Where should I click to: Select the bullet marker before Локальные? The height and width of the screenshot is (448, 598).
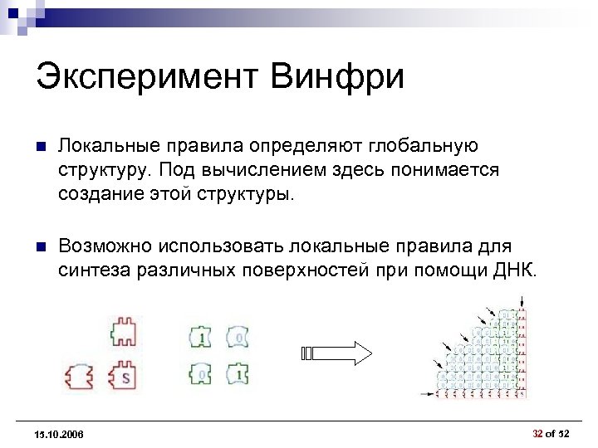(x=40, y=148)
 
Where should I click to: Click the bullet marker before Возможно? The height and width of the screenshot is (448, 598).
(x=40, y=247)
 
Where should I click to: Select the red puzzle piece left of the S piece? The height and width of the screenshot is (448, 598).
(x=81, y=377)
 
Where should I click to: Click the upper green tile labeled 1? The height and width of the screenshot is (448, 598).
(x=201, y=338)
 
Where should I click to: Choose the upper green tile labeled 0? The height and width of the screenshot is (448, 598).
(x=239, y=338)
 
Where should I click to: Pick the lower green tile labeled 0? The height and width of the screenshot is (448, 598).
(x=201, y=375)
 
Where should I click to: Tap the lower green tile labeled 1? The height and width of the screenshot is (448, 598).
(x=239, y=375)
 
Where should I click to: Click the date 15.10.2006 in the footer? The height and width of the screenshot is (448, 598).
(x=59, y=436)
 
